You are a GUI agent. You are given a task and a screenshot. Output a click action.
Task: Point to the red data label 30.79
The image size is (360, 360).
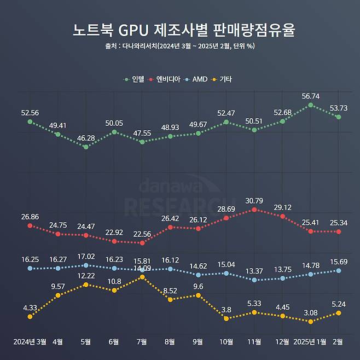click(x=254, y=200)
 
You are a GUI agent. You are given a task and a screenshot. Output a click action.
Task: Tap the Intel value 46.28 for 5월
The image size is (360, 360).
click(x=86, y=137)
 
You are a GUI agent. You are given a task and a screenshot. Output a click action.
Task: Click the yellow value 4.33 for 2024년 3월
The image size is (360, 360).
click(x=30, y=307)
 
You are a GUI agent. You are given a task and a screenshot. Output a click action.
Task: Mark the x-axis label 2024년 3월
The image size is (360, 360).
click(x=30, y=342)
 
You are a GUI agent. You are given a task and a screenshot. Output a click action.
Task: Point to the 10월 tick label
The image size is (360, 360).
click(x=227, y=342)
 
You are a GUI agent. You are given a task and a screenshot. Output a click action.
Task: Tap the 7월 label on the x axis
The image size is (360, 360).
click(x=142, y=342)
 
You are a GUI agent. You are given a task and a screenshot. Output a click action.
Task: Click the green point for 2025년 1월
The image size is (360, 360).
click(x=311, y=104)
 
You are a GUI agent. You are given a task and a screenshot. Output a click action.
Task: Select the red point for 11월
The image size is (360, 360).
click(x=254, y=210)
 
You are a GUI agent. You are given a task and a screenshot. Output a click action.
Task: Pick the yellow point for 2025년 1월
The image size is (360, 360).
click(x=311, y=322)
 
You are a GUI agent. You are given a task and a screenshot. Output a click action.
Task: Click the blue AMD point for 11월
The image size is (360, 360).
click(x=254, y=280)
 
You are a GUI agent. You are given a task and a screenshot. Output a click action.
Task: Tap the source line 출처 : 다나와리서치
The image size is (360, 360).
click(x=180, y=46)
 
